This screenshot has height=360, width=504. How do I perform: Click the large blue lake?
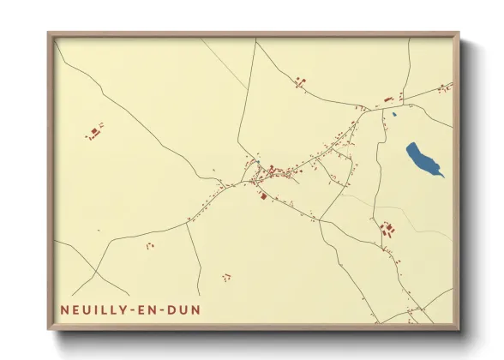coord(423,158)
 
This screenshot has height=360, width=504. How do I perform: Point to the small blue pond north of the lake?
coord(394,114)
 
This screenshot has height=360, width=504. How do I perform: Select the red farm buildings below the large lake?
coord(387,229)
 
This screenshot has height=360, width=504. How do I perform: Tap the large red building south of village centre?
coord(263,196)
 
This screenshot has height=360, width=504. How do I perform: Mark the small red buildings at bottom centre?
coord(226,276)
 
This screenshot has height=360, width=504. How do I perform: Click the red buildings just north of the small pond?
coord(388,99)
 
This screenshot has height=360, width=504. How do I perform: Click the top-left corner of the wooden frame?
coord(49,34)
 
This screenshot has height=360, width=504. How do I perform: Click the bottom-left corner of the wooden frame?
coord(49,329)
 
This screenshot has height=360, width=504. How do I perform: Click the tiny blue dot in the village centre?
coord(256,162)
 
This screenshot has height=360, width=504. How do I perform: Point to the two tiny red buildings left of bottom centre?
coord(150,246)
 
